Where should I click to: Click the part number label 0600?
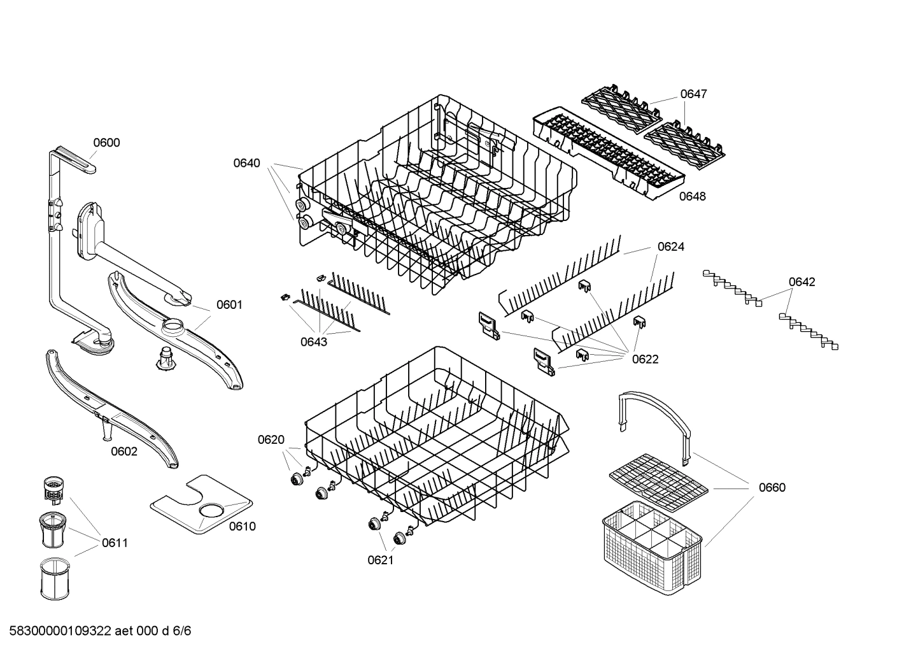[x=106, y=143]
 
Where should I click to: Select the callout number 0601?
[x=229, y=305]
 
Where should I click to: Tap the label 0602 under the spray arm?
[x=124, y=452]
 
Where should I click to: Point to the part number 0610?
[x=242, y=526]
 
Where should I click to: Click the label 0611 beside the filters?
[x=115, y=543]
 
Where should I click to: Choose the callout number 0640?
[x=246, y=163]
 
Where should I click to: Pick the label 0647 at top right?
[x=693, y=94]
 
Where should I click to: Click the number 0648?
[x=692, y=197]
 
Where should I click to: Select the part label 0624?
[x=671, y=246]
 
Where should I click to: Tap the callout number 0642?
[x=801, y=282]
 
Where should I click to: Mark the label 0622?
[x=645, y=359]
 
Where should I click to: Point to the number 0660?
[x=772, y=488]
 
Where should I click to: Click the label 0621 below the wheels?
[x=380, y=560]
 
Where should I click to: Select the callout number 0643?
[x=314, y=342]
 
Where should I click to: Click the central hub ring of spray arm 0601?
[x=173, y=329]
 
